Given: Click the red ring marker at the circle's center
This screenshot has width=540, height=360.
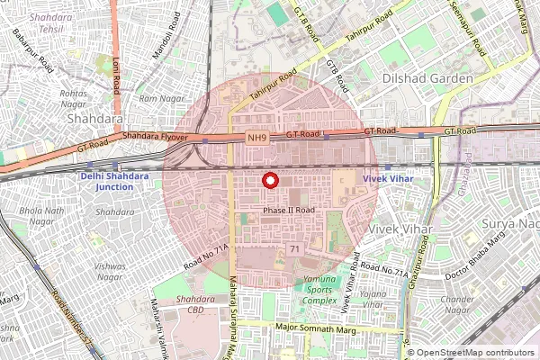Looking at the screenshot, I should [x=268, y=180].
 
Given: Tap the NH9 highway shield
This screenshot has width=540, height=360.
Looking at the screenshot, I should [x=257, y=138].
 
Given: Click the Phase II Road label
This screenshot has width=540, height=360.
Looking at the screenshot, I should [x=289, y=211].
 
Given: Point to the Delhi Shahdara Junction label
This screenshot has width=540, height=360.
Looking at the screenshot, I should [x=114, y=181].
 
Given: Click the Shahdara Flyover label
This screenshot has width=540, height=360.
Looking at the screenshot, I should [x=155, y=137].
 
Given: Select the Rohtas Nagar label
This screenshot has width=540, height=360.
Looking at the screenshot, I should [x=73, y=98].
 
